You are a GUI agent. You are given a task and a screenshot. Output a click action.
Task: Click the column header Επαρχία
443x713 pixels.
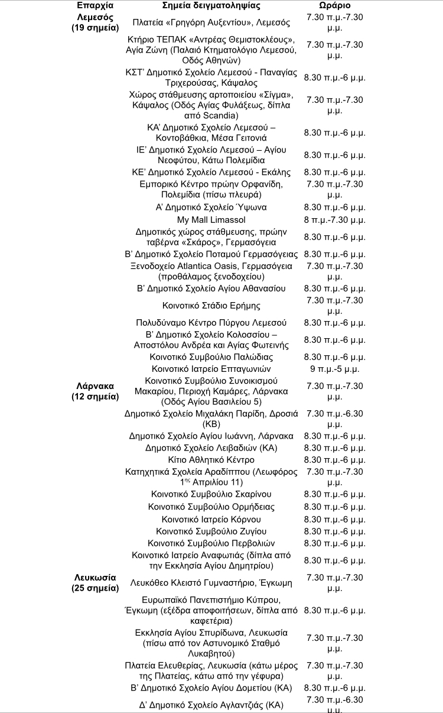click(95, 5)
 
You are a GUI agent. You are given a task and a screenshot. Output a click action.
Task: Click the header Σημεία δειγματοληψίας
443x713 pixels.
click(211, 5)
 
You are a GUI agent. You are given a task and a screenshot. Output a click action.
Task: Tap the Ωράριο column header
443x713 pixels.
click(334, 5)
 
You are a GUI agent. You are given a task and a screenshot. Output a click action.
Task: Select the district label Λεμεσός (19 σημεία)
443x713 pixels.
click(95, 22)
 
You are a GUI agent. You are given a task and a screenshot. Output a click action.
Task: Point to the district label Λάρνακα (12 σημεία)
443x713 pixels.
click(95, 391)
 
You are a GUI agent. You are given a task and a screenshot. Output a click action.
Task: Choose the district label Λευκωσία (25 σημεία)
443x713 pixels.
click(95, 582)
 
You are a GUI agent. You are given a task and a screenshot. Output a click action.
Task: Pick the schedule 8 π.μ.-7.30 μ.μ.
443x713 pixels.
click(334, 220)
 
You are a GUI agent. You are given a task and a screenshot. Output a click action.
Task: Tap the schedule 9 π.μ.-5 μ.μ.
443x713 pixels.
click(334, 369)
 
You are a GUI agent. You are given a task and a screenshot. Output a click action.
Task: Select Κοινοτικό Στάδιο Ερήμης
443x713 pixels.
click(211, 306)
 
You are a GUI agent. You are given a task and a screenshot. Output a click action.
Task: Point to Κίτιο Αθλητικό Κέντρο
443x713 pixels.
click(211, 459)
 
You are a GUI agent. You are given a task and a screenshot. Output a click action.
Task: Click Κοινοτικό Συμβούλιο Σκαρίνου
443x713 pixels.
click(211, 494)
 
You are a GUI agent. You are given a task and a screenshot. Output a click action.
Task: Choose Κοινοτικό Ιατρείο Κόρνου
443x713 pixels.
click(211, 519)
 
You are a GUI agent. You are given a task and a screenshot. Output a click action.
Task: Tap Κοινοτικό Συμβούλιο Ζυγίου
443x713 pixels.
click(211, 531)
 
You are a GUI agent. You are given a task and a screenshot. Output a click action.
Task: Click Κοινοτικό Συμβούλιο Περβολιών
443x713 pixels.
click(211, 543)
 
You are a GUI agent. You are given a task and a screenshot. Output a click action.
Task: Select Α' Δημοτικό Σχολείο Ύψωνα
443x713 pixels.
click(211, 208)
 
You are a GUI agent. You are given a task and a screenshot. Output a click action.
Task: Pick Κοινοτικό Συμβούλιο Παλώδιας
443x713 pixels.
click(211, 357)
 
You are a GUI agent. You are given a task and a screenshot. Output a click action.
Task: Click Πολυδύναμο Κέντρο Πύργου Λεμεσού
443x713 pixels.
click(211, 323)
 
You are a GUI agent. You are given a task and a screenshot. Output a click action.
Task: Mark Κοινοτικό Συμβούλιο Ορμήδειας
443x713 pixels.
click(211, 507)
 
